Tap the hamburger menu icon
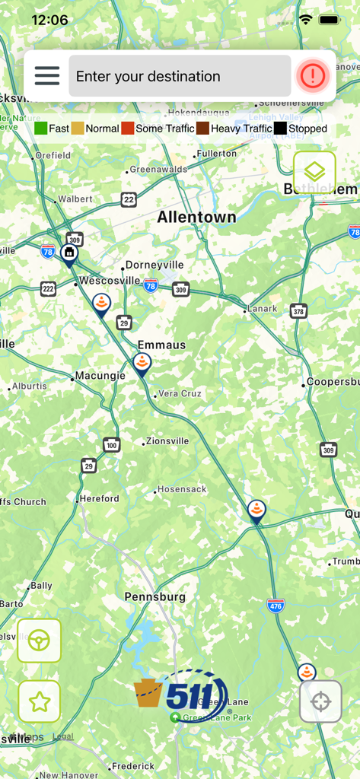point(46,76)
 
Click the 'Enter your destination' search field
point(180,76)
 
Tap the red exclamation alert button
point(313,75)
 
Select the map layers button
point(314,172)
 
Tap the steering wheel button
point(39,641)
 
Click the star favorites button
point(39,701)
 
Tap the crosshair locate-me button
point(320,701)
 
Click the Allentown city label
point(196,218)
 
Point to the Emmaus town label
point(161,345)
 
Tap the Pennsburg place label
point(155,596)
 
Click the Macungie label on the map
point(100,376)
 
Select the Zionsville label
point(167,440)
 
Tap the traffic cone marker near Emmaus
point(142,364)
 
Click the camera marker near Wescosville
point(69,253)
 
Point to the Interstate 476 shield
point(276,606)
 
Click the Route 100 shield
point(112,445)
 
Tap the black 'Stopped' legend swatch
point(281,129)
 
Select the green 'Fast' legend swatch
point(41,129)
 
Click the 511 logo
point(181,694)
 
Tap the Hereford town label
point(100,498)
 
